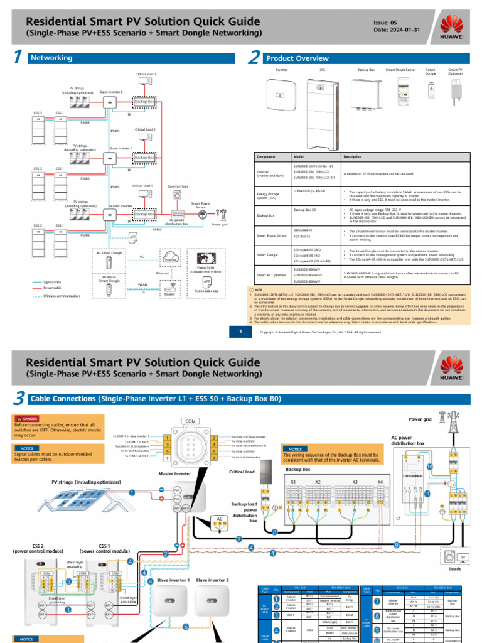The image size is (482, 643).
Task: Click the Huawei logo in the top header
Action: click(453, 28)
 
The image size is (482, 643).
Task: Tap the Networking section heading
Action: click(51, 58)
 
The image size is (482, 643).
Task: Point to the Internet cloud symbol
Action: click(169, 258)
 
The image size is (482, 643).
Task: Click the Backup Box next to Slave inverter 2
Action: click(144, 101)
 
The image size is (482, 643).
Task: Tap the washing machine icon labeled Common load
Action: click(177, 197)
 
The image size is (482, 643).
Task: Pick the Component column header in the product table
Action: click(267, 156)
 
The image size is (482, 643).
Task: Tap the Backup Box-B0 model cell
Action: click(306, 209)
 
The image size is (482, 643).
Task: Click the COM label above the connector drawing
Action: click(190, 421)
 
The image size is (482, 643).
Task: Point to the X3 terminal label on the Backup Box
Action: click(355, 482)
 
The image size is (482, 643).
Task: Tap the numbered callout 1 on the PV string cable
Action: click(132, 494)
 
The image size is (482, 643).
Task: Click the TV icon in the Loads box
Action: click(464, 558)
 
